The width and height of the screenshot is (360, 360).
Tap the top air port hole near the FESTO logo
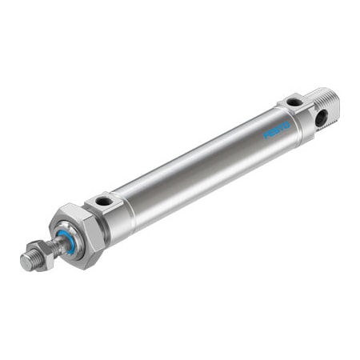coord(294,102)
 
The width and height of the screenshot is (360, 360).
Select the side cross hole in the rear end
coord(322,119)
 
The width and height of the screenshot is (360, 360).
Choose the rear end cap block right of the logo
coord(301,116)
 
